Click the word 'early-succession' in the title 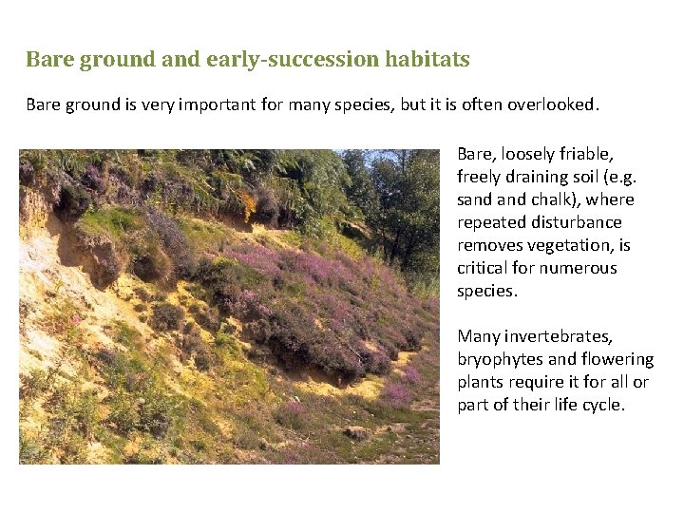point(306,60)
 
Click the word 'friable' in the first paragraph point(587,154)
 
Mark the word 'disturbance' point(578,222)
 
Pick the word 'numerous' point(581,268)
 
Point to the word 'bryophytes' point(497,359)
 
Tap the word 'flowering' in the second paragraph point(618,359)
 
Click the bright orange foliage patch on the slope point(249,202)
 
